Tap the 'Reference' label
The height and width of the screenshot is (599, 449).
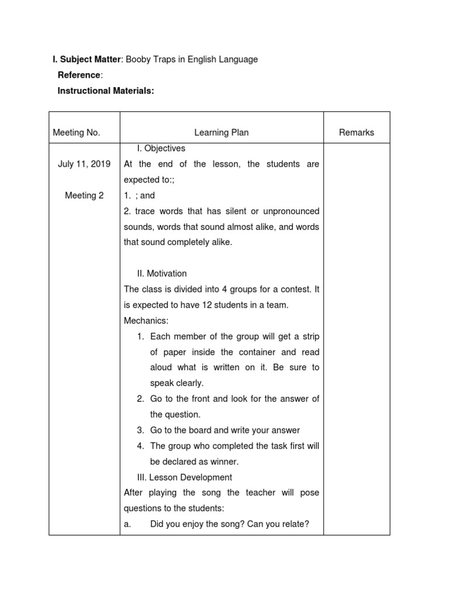tap(79, 75)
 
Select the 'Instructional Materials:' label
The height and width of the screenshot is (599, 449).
tap(105, 91)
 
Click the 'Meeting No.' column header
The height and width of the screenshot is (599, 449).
tap(77, 133)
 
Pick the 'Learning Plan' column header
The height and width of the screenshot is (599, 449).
tap(222, 133)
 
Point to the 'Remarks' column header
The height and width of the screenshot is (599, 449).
tap(357, 133)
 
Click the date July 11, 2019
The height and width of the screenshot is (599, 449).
tap(84, 164)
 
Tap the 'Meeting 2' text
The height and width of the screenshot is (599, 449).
tap(84, 195)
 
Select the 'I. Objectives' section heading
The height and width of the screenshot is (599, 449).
tap(160, 149)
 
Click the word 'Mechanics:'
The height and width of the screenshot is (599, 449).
tap(146, 321)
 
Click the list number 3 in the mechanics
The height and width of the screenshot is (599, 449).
tap(140, 430)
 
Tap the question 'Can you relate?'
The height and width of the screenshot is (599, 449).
tap(278, 524)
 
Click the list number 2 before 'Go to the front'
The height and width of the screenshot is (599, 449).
tap(140, 399)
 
